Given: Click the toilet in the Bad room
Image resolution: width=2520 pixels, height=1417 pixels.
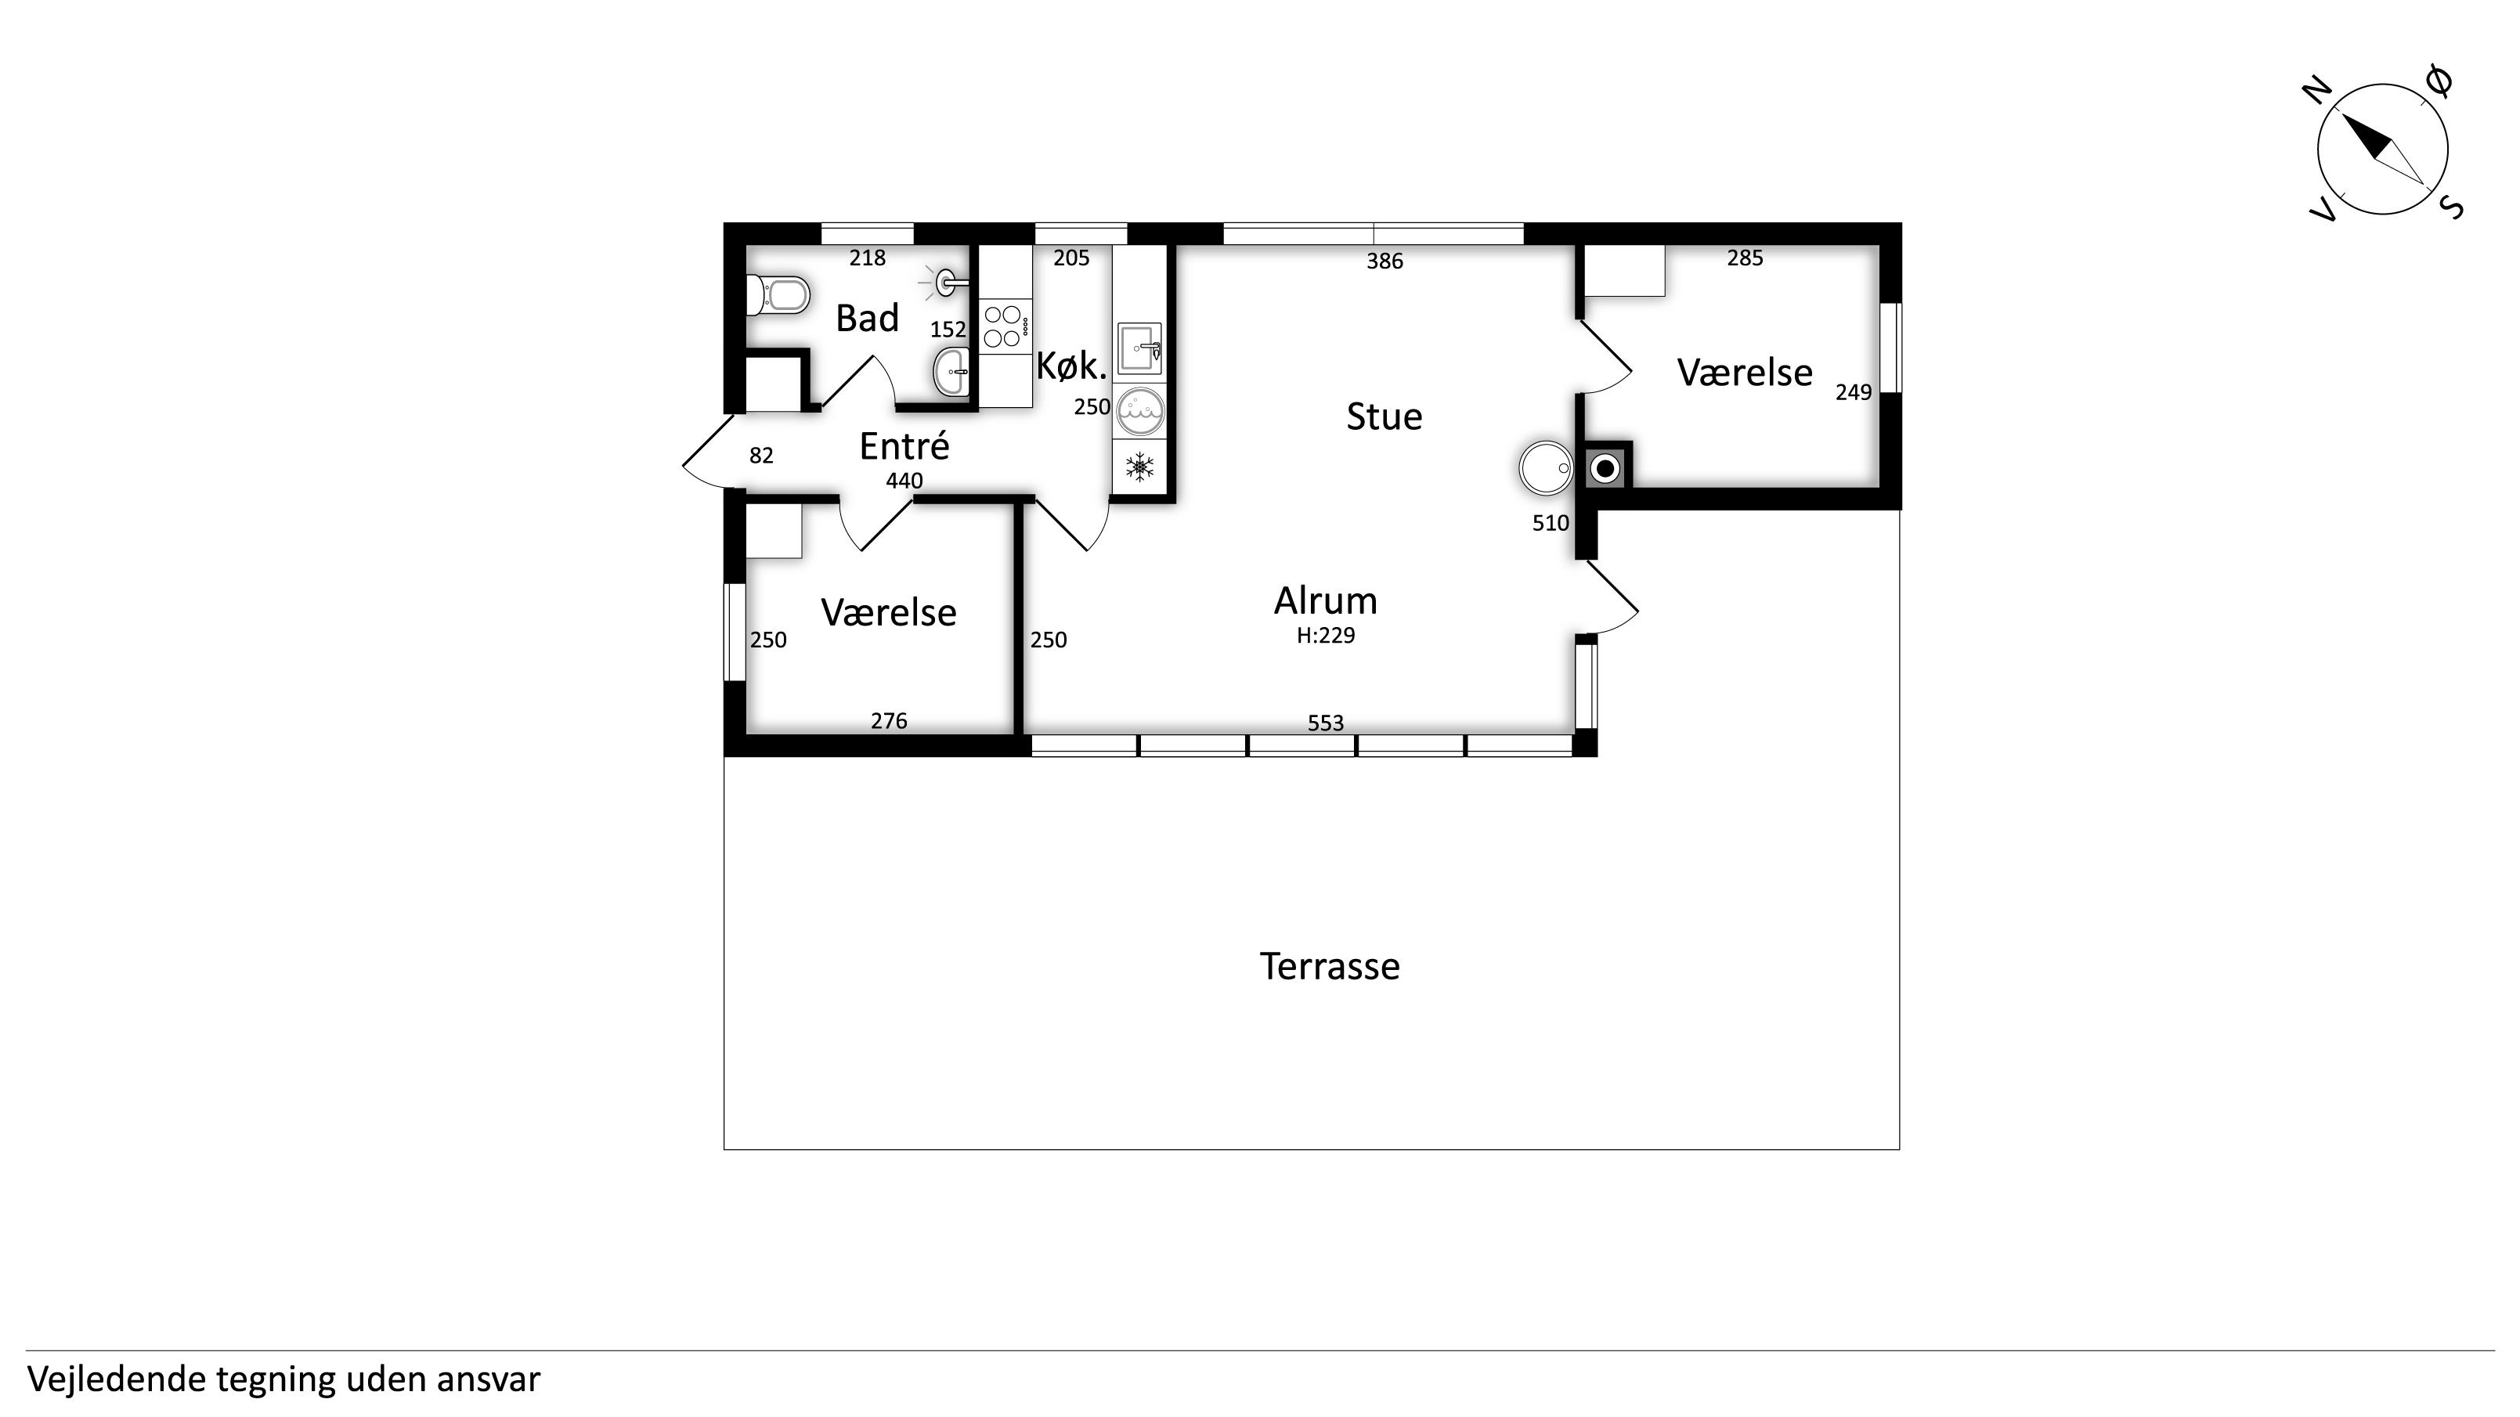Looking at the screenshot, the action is point(778,294).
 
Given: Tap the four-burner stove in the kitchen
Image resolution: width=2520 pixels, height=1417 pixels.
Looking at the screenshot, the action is point(1005,326).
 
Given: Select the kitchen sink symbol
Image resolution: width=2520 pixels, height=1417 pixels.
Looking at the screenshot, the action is point(1139,348).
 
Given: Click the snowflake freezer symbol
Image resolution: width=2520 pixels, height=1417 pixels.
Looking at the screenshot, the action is point(1139,467).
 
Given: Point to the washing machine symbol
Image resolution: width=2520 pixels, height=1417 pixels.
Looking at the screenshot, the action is point(1139,412).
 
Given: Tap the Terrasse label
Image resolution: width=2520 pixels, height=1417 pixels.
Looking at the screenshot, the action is point(1330,966).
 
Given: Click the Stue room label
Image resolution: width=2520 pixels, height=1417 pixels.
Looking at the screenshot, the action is point(1385,416).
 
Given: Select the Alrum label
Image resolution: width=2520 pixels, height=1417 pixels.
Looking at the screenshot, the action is point(1326,600).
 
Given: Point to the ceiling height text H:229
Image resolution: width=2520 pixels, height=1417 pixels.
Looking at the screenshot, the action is point(1326,636).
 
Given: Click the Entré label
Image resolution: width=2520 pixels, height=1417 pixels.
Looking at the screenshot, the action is point(904,446).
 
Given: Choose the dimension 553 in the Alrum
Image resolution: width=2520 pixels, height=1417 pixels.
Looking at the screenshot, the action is point(1326,723).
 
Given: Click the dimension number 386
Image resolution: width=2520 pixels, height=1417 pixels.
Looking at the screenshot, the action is point(1385,261).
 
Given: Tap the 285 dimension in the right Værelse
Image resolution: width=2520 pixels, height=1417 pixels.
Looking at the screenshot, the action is point(1744,258).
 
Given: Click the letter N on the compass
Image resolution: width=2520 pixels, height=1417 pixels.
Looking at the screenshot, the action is point(2316,92).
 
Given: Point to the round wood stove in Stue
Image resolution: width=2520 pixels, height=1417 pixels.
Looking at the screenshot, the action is point(1546,468).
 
